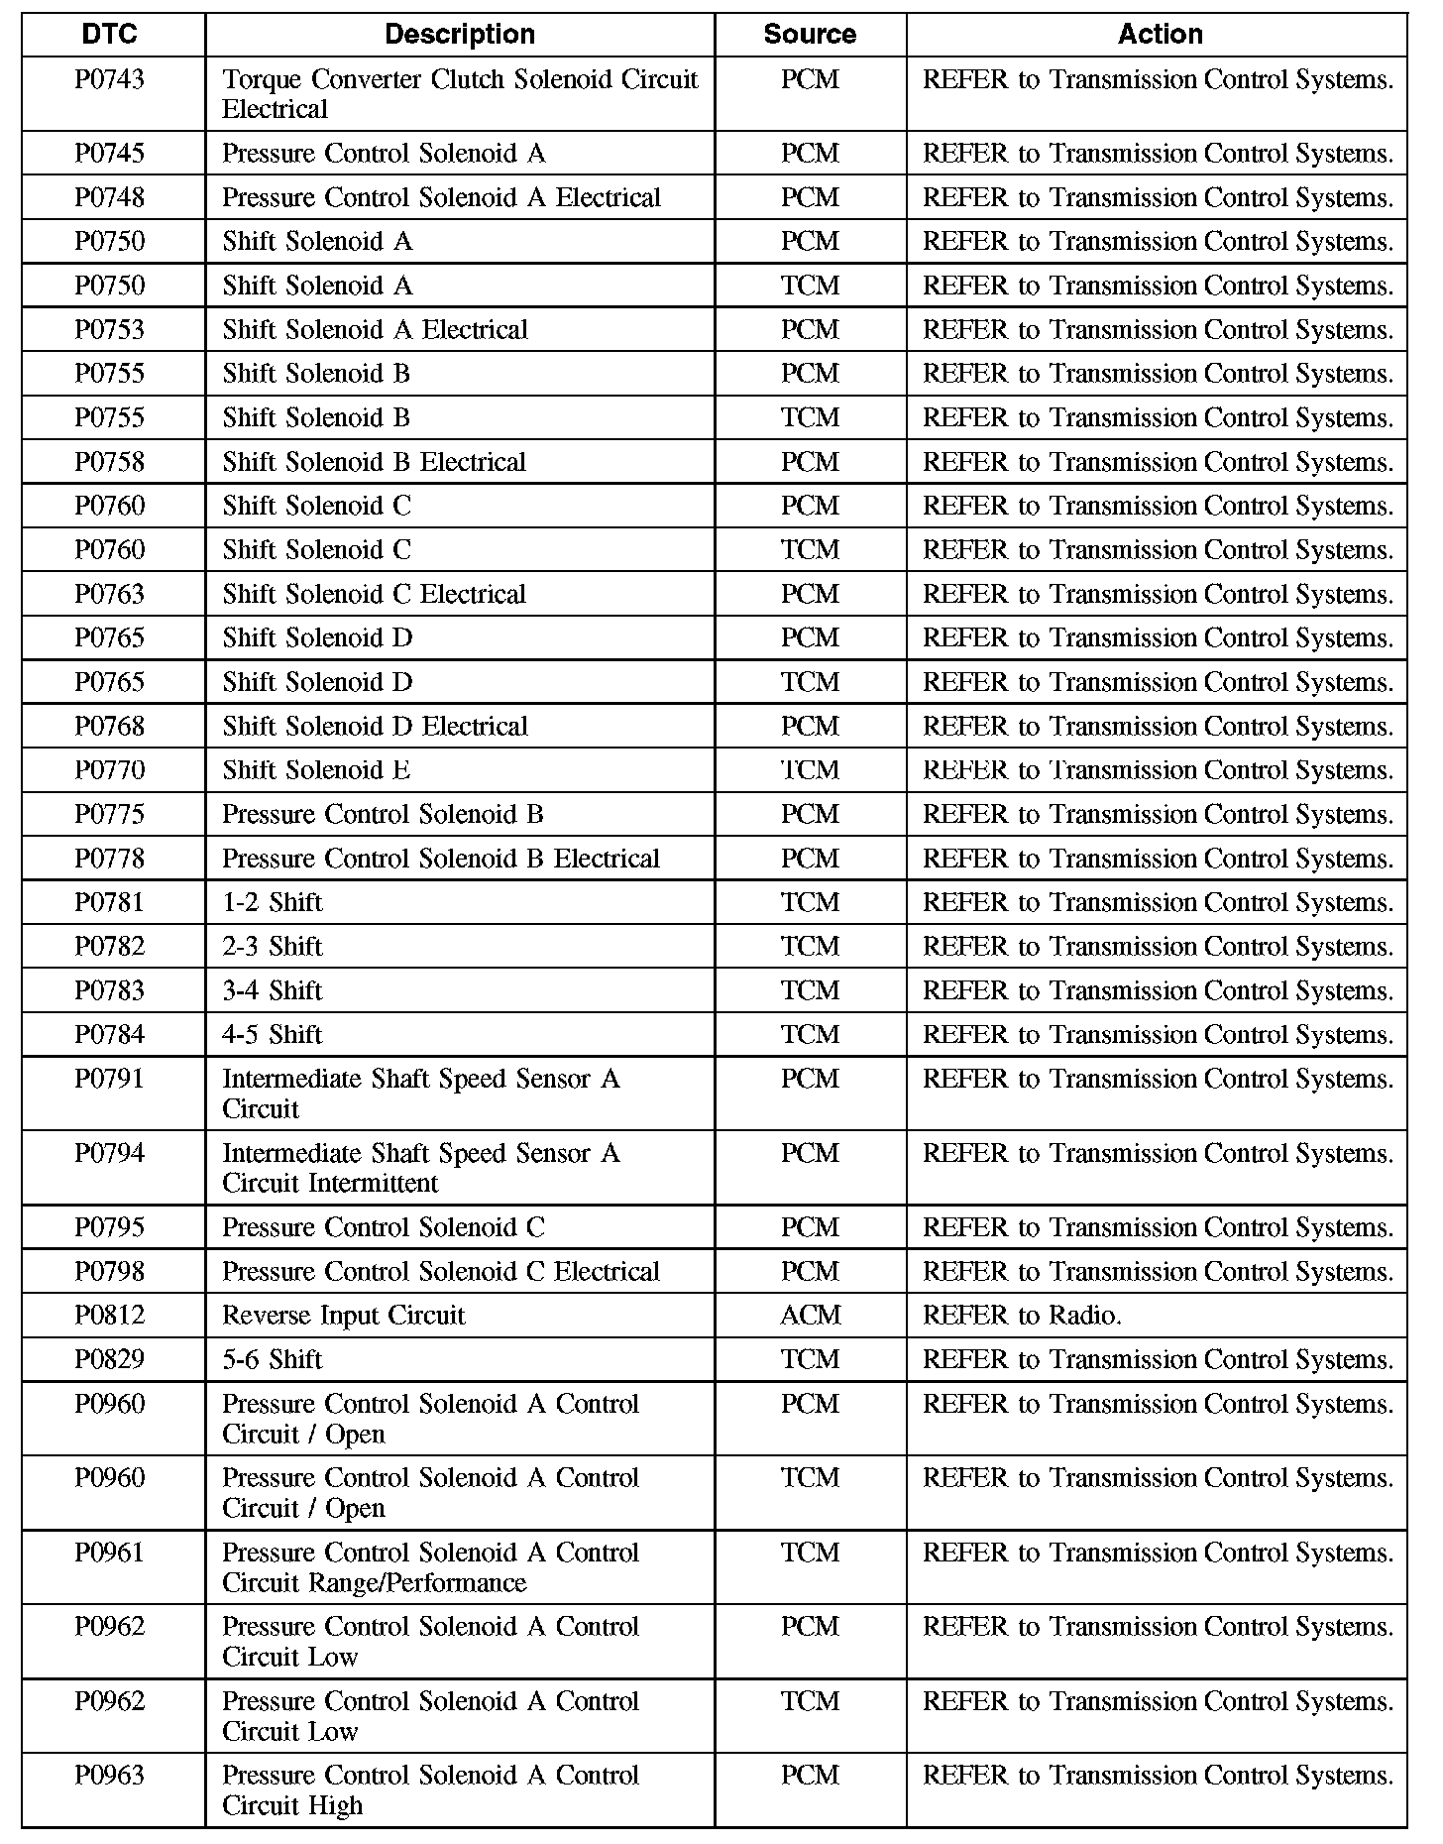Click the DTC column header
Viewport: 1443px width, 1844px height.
(x=110, y=35)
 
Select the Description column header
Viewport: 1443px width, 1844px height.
(x=460, y=35)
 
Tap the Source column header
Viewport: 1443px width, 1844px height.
(x=810, y=35)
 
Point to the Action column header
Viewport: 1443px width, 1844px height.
(x=1160, y=35)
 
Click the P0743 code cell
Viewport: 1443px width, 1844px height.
(x=110, y=80)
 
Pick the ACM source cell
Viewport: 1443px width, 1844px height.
(x=810, y=1316)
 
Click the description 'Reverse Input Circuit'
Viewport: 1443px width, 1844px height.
(x=344, y=1316)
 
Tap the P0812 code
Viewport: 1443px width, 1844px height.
(x=110, y=1316)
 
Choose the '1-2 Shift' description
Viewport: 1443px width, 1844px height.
(x=273, y=902)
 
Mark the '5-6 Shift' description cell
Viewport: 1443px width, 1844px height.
(x=273, y=1359)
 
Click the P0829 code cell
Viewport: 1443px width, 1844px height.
(x=110, y=1359)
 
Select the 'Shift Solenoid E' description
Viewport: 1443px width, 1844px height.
(x=316, y=770)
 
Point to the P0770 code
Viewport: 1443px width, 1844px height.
(x=110, y=770)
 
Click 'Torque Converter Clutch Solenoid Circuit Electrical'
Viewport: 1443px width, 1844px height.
(x=460, y=94)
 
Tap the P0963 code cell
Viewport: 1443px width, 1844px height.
(x=110, y=1776)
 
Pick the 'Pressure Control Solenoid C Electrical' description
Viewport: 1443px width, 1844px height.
(x=441, y=1272)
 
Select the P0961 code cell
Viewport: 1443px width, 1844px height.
(x=110, y=1553)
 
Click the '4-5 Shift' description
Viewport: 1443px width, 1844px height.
(x=273, y=1035)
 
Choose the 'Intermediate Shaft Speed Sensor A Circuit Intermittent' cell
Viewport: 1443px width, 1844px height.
(x=421, y=1168)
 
